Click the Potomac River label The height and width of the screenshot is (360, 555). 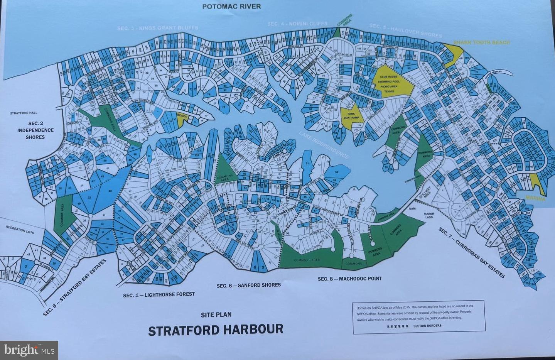coord(231,6)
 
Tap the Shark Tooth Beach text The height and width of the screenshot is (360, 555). coord(481,42)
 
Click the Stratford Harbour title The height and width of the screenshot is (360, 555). coord(216,330)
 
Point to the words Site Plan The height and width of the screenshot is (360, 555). coord(216,314)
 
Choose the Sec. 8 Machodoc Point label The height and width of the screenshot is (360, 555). coord(349,279)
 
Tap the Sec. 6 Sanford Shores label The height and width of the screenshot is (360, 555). coord(248,285)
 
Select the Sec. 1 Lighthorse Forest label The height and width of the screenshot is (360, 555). coord(159,294)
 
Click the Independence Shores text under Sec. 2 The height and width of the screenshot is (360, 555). coord(35,134)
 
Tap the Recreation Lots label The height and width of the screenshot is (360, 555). coord(21,228)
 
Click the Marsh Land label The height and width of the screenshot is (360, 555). coord(429,215)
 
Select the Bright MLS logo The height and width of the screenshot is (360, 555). coord(29,350)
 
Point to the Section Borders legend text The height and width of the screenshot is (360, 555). coord(427,326)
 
